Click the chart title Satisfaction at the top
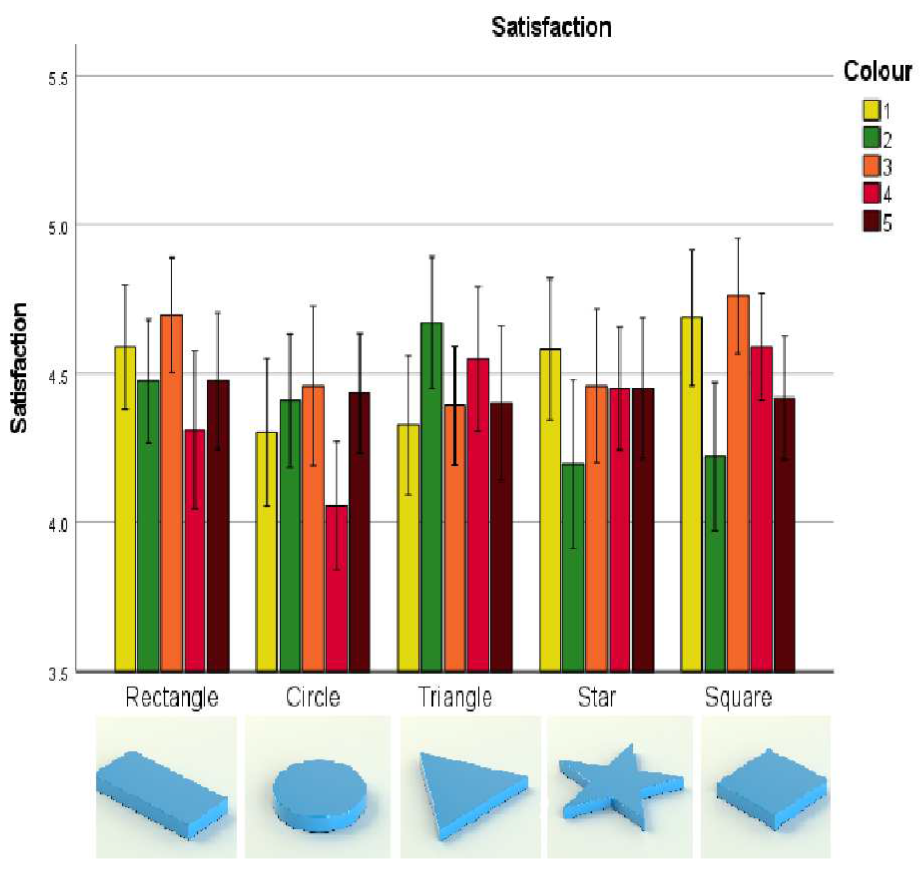point(551,28)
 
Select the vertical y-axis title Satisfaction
point(19,368)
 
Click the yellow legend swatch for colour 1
point(871,110)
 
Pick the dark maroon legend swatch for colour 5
point(871,221)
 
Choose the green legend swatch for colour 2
point(871,138)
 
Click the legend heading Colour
point(877,72)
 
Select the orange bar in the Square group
point(738,485)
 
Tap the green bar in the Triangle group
point(432,496)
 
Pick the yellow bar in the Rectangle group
point(125,507)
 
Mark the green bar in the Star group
point(573,567)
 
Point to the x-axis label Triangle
point(455,697)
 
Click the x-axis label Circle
point(313,697)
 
